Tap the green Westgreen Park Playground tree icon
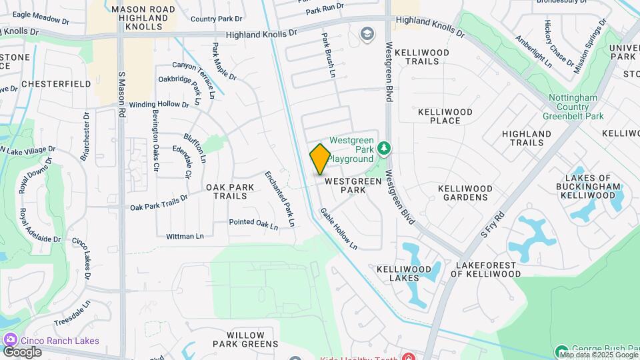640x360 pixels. coord(383,147)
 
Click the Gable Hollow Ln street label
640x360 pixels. coord(339,229)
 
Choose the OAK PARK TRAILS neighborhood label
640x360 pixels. coord(230,192)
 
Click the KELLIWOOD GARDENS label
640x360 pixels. coord(465,193)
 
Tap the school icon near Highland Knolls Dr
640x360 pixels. coord(367,33)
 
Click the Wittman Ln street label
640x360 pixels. coord(185,236)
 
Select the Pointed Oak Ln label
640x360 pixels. coord(253,224)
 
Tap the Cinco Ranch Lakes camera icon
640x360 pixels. coord(10,341)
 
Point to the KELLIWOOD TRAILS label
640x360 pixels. coord(422,57)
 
